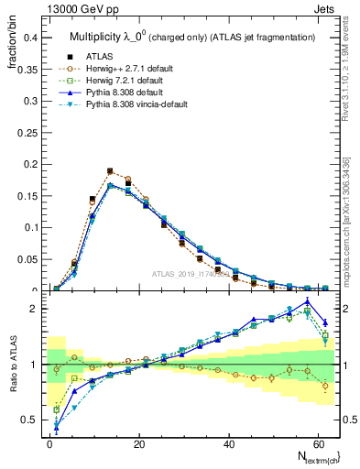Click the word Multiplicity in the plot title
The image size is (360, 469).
tap(97, 37)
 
